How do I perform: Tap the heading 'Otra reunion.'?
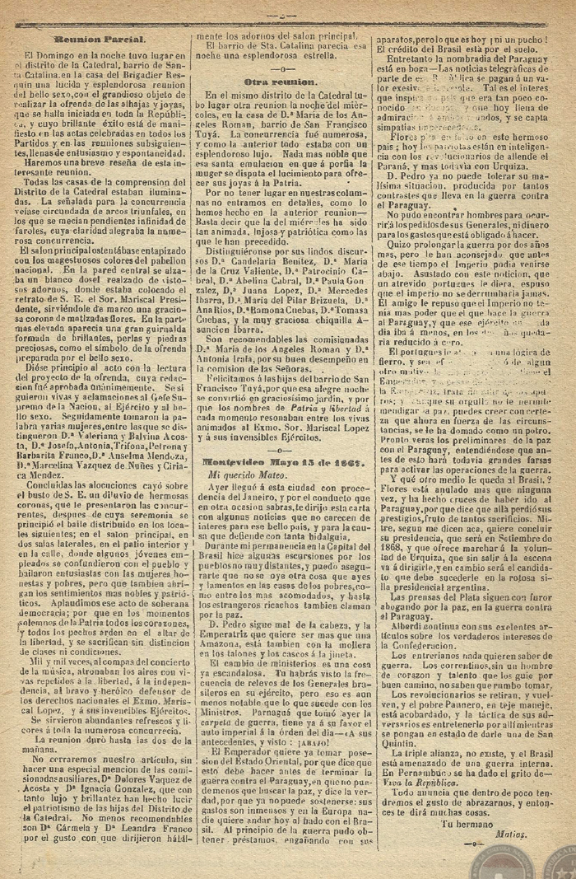281,83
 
